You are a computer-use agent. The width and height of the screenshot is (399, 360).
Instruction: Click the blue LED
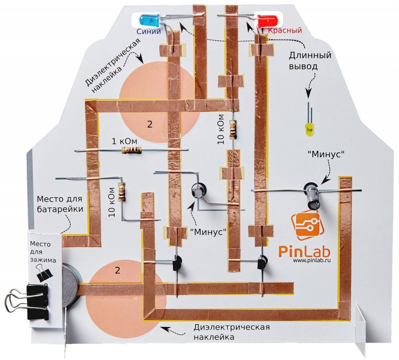coord(148,20)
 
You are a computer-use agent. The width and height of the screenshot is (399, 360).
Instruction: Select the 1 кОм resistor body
coord(131,149)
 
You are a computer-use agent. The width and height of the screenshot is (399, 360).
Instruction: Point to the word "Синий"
coord(149,31)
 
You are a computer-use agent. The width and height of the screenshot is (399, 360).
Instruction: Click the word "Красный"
coord(285,31)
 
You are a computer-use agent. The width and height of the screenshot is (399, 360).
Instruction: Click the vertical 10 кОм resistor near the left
coord(121,191)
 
